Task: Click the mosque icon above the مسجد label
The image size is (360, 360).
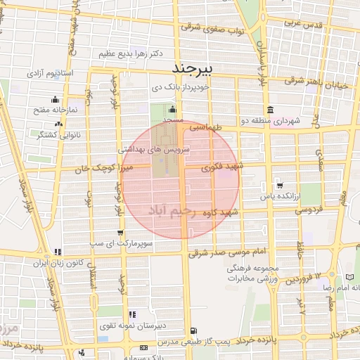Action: pyautogui.click(x=173, y=109)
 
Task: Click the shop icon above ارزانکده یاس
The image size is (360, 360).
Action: pyautogui.click(x=280, y=186)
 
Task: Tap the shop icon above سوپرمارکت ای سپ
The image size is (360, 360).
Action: pyautogui.click(x=121, y=232)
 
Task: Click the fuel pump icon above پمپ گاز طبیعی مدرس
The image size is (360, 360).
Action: pyautogui.click(x=193, y=330)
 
